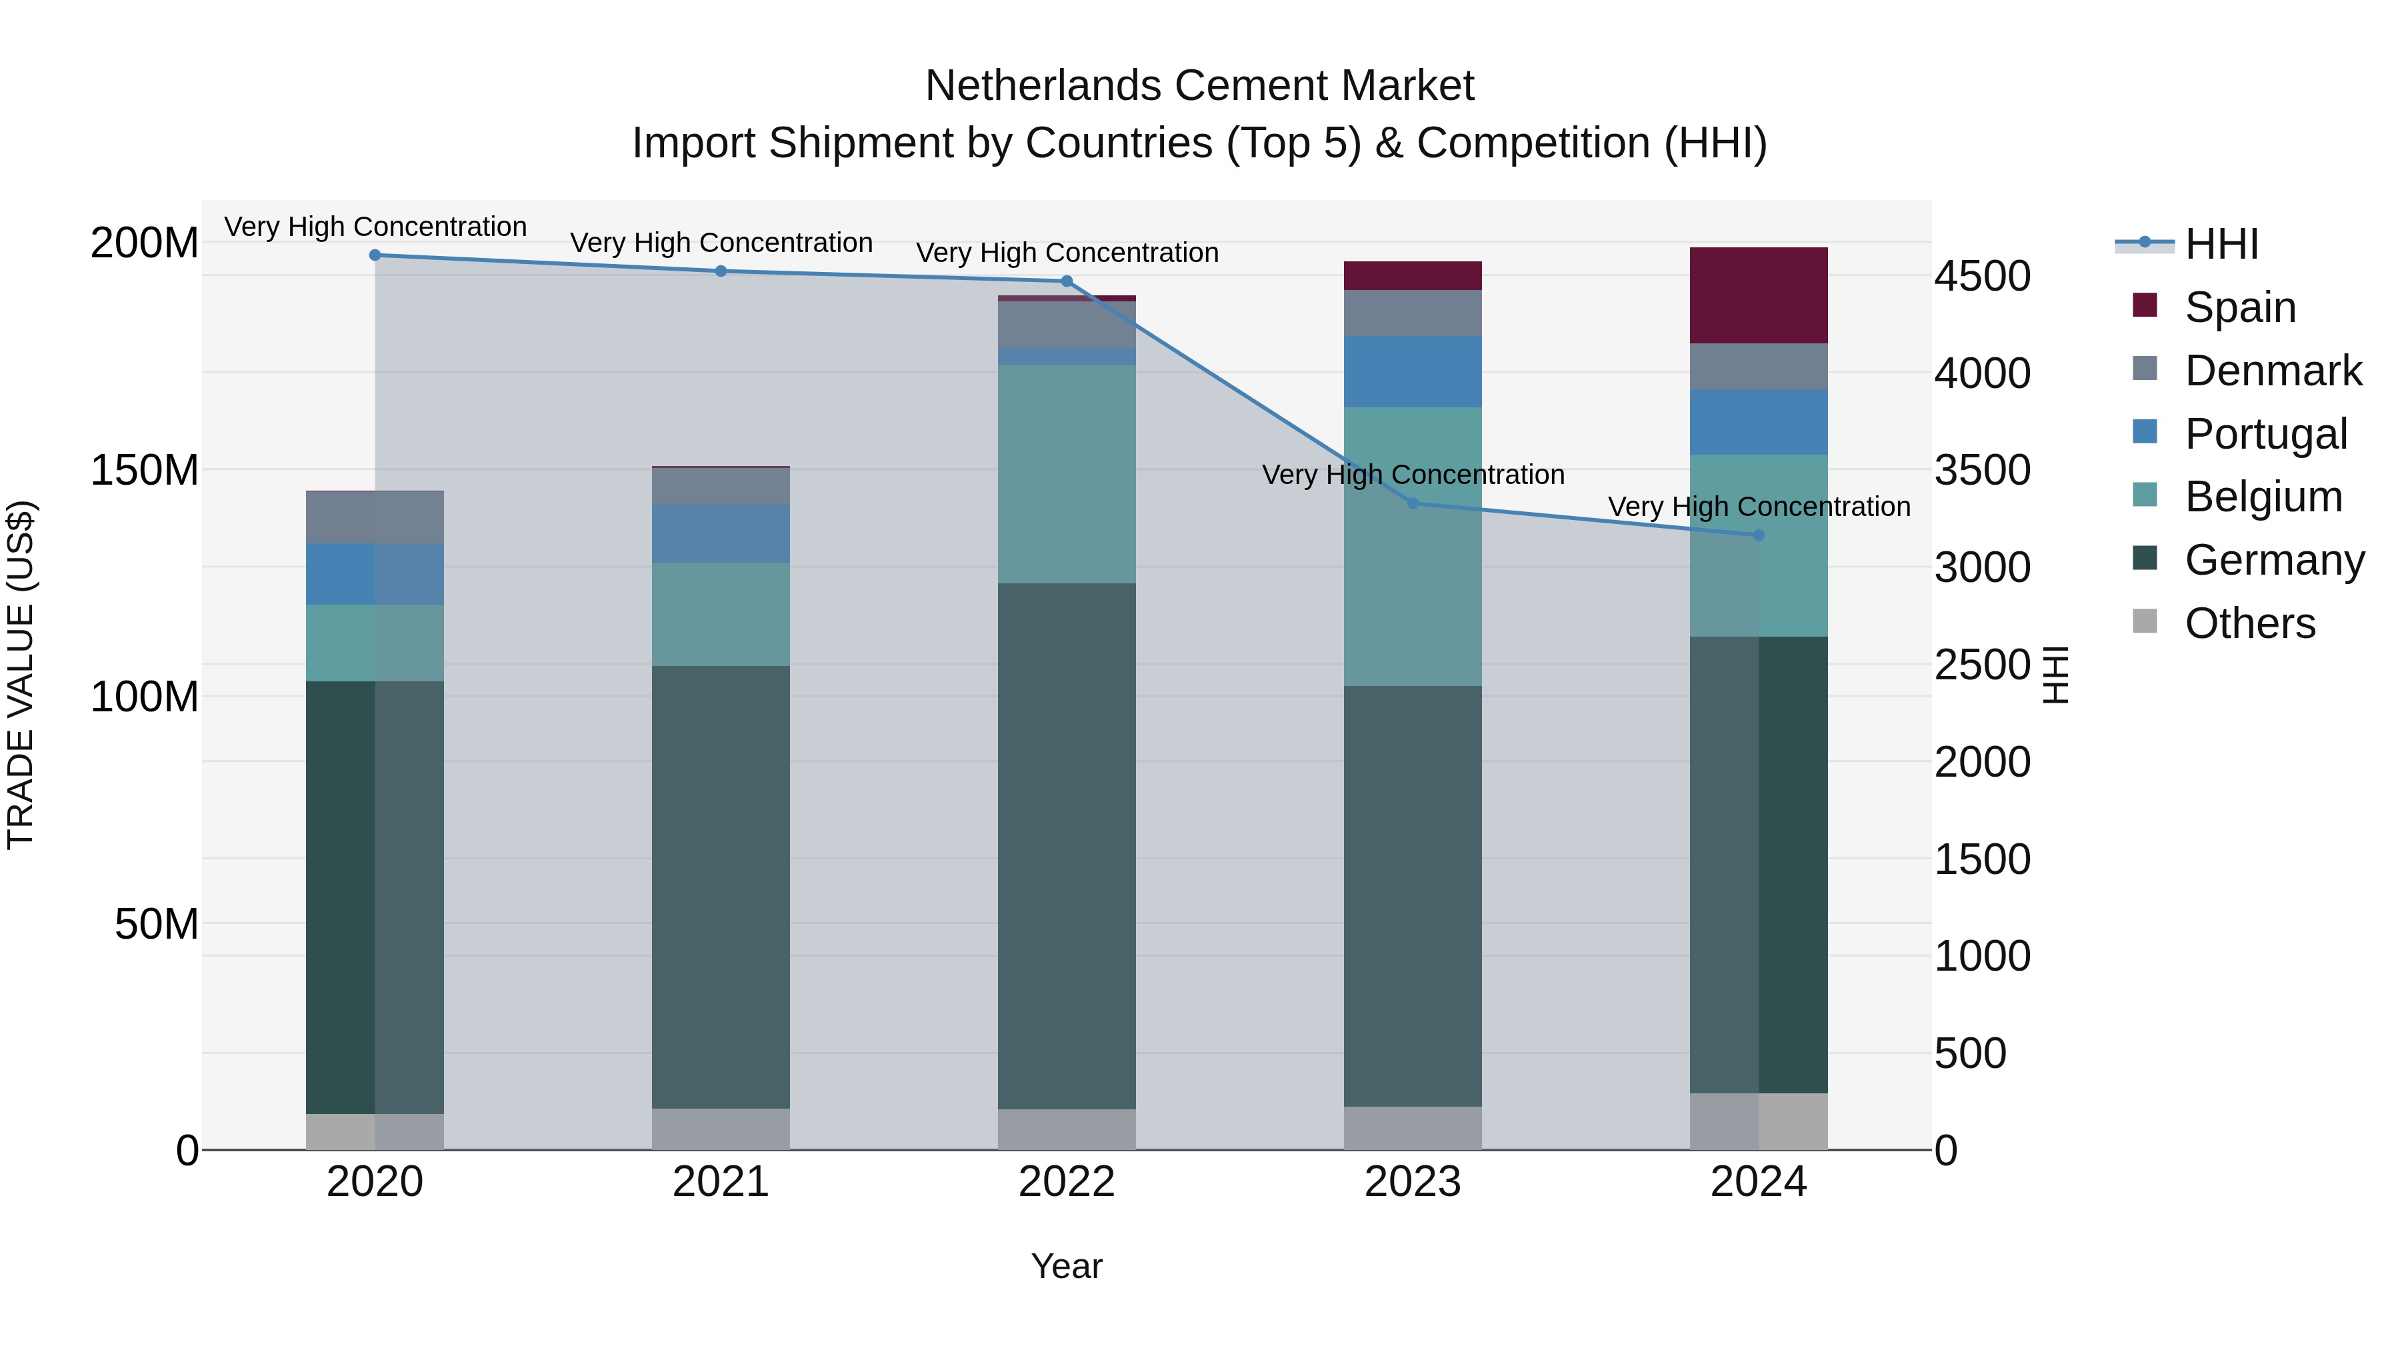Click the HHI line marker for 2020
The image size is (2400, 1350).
coord(375,255)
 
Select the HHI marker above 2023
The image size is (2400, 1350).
coord(1413,503)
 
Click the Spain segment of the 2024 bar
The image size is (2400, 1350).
coord(1758,296)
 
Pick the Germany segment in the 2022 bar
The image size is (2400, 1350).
coord(1067,846)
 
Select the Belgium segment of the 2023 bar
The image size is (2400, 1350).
coord(1413,547)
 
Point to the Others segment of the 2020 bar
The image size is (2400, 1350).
coord(375,1131)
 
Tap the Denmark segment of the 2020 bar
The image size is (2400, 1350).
coord(375,517)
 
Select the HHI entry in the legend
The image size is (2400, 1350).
coord(2221,244)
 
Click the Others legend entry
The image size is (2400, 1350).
coord(2249,623)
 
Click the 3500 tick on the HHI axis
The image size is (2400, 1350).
coord(1982,471)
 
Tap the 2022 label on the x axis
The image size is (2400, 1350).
coord(1067,1182)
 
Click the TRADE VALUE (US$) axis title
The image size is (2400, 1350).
coord(21,675)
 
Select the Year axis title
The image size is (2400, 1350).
coord(1067,1266)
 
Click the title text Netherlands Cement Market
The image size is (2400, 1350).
coord(1199,86)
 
